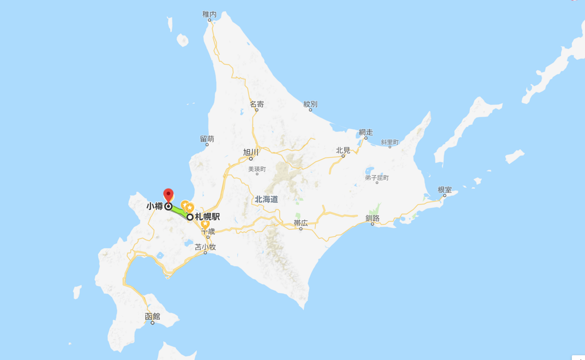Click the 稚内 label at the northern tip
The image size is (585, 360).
coord(209,14)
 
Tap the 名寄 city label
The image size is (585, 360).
coord(257,104)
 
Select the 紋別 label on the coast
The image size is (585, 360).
coord(310,104)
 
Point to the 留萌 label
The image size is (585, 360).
coord(207,139)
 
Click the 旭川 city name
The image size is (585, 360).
coord(251,152)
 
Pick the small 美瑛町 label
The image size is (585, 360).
coord(257,169)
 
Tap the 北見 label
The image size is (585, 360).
coord(343,150)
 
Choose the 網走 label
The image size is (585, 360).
coord(366,132)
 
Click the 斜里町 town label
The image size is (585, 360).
coord(390,142)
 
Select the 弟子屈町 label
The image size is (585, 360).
coord(377,178)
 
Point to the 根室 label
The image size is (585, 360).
coord(445,189)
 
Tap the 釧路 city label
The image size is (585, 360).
coord(372,218)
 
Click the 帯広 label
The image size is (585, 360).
coord(301,223)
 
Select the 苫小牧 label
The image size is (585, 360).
coord(205,247)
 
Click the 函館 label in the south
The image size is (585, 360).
coord(152,316)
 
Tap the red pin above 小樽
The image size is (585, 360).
coord(168,194)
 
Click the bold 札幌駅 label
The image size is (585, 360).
coord(207,217)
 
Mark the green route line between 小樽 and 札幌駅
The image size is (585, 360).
coord(179,212)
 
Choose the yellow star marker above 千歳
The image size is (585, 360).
coord(205,225)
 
